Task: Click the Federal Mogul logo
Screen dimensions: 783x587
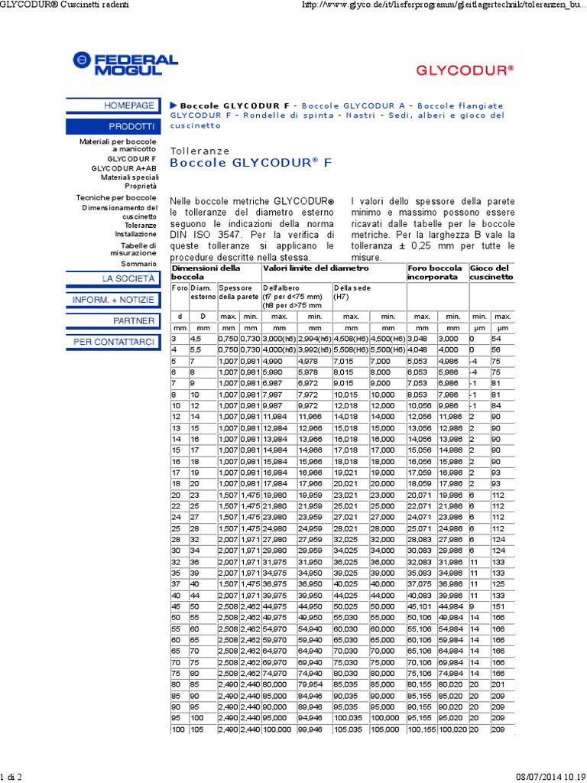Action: tap(125, 64)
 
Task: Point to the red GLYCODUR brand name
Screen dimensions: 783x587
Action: tap(464, 69)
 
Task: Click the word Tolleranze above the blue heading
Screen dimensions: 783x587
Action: tap(199, 151)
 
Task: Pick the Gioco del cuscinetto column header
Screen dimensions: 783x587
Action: tap(491, 273)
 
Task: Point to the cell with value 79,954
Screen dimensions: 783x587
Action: tap(310, 684)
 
